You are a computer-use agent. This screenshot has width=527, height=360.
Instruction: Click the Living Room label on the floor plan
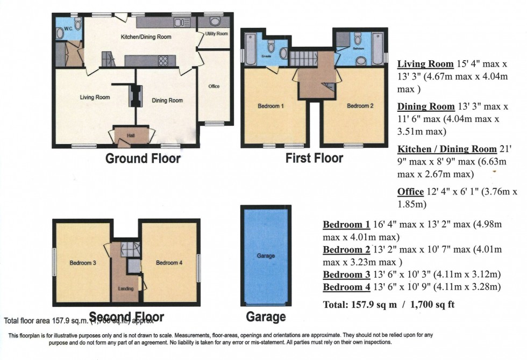pos(95,97)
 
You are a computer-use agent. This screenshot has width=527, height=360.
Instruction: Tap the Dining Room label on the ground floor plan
pos(167,100)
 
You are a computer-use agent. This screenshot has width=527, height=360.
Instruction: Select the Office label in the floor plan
pos(213,86)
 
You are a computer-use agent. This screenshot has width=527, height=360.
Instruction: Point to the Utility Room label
pos(216,33)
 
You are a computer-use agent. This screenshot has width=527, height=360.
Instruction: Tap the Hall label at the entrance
pos(131,135)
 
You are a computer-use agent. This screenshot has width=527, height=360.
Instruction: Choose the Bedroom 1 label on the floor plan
pos(271,106)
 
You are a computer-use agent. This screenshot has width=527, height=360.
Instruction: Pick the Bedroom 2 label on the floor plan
pos(360,106)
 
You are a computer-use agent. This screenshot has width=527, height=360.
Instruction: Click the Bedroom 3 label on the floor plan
pos(83,263)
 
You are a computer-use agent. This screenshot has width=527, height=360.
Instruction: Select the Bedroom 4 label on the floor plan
pos(169,263)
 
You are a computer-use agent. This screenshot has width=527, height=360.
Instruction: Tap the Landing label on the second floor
pos(125,289)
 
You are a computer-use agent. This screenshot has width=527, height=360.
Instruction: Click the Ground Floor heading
pos(143,159)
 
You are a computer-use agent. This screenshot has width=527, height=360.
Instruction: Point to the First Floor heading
pos(313,159)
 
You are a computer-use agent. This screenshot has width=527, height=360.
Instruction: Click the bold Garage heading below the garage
pos(266,316)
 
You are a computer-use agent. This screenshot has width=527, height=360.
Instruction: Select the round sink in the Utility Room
pos(215,21)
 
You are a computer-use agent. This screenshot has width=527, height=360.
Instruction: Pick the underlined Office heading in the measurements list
pos(411,191)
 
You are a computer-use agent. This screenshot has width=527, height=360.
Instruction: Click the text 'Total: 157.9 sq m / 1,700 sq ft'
pos(388,305)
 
